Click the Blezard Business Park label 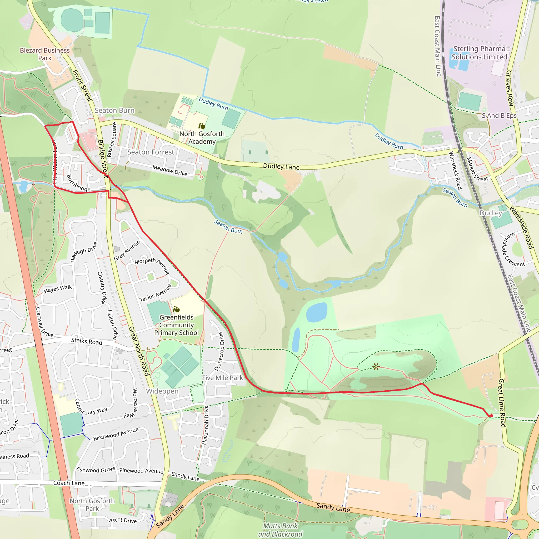(45, 54)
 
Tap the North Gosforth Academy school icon (202, 126)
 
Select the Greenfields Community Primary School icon (176, 310)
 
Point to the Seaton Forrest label (151, 152)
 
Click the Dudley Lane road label (281, 167)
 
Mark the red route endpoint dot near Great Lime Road (491, 416)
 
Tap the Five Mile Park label (223, 378)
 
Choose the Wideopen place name (162, 391)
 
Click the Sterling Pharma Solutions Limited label (479, 53)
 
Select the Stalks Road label (87, 341)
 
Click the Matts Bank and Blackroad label (280, 530)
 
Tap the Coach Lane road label (69, 483)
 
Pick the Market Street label (477, 170)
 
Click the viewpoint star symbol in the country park (376, 367)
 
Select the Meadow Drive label (170, 171)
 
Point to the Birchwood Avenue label (116, 434)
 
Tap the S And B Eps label (499, 116)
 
